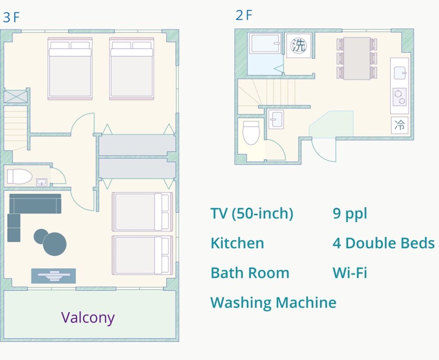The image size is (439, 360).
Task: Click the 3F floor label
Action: coord(11,17)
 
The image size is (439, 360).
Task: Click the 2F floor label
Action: coord(244,15)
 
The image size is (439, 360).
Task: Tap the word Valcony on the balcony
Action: coord(88,318)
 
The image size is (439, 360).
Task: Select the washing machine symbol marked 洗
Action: coord(299,45)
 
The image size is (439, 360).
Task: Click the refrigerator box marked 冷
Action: coord(400,125)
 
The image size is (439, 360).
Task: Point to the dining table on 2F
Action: coord(357,58)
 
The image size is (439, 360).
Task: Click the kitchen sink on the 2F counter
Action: coord(400,73)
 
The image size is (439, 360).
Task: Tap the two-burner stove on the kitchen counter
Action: coord(400,97)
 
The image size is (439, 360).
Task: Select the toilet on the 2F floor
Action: coord(251,132)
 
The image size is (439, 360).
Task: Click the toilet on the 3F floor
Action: coord(20,177)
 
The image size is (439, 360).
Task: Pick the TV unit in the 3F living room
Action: coord(53,276)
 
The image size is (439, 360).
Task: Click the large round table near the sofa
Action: coord(55,244)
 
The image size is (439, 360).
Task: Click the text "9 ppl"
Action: coord(350,214)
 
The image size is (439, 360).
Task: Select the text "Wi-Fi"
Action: coord(350,273)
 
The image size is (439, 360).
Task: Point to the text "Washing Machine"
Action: coord(273,303)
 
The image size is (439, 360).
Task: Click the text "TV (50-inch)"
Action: coord(252,214)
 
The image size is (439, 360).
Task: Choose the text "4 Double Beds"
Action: coord(384,243)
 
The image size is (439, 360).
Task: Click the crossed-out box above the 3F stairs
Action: coord(15,97)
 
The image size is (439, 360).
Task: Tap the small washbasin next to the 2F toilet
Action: coord(276,120)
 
